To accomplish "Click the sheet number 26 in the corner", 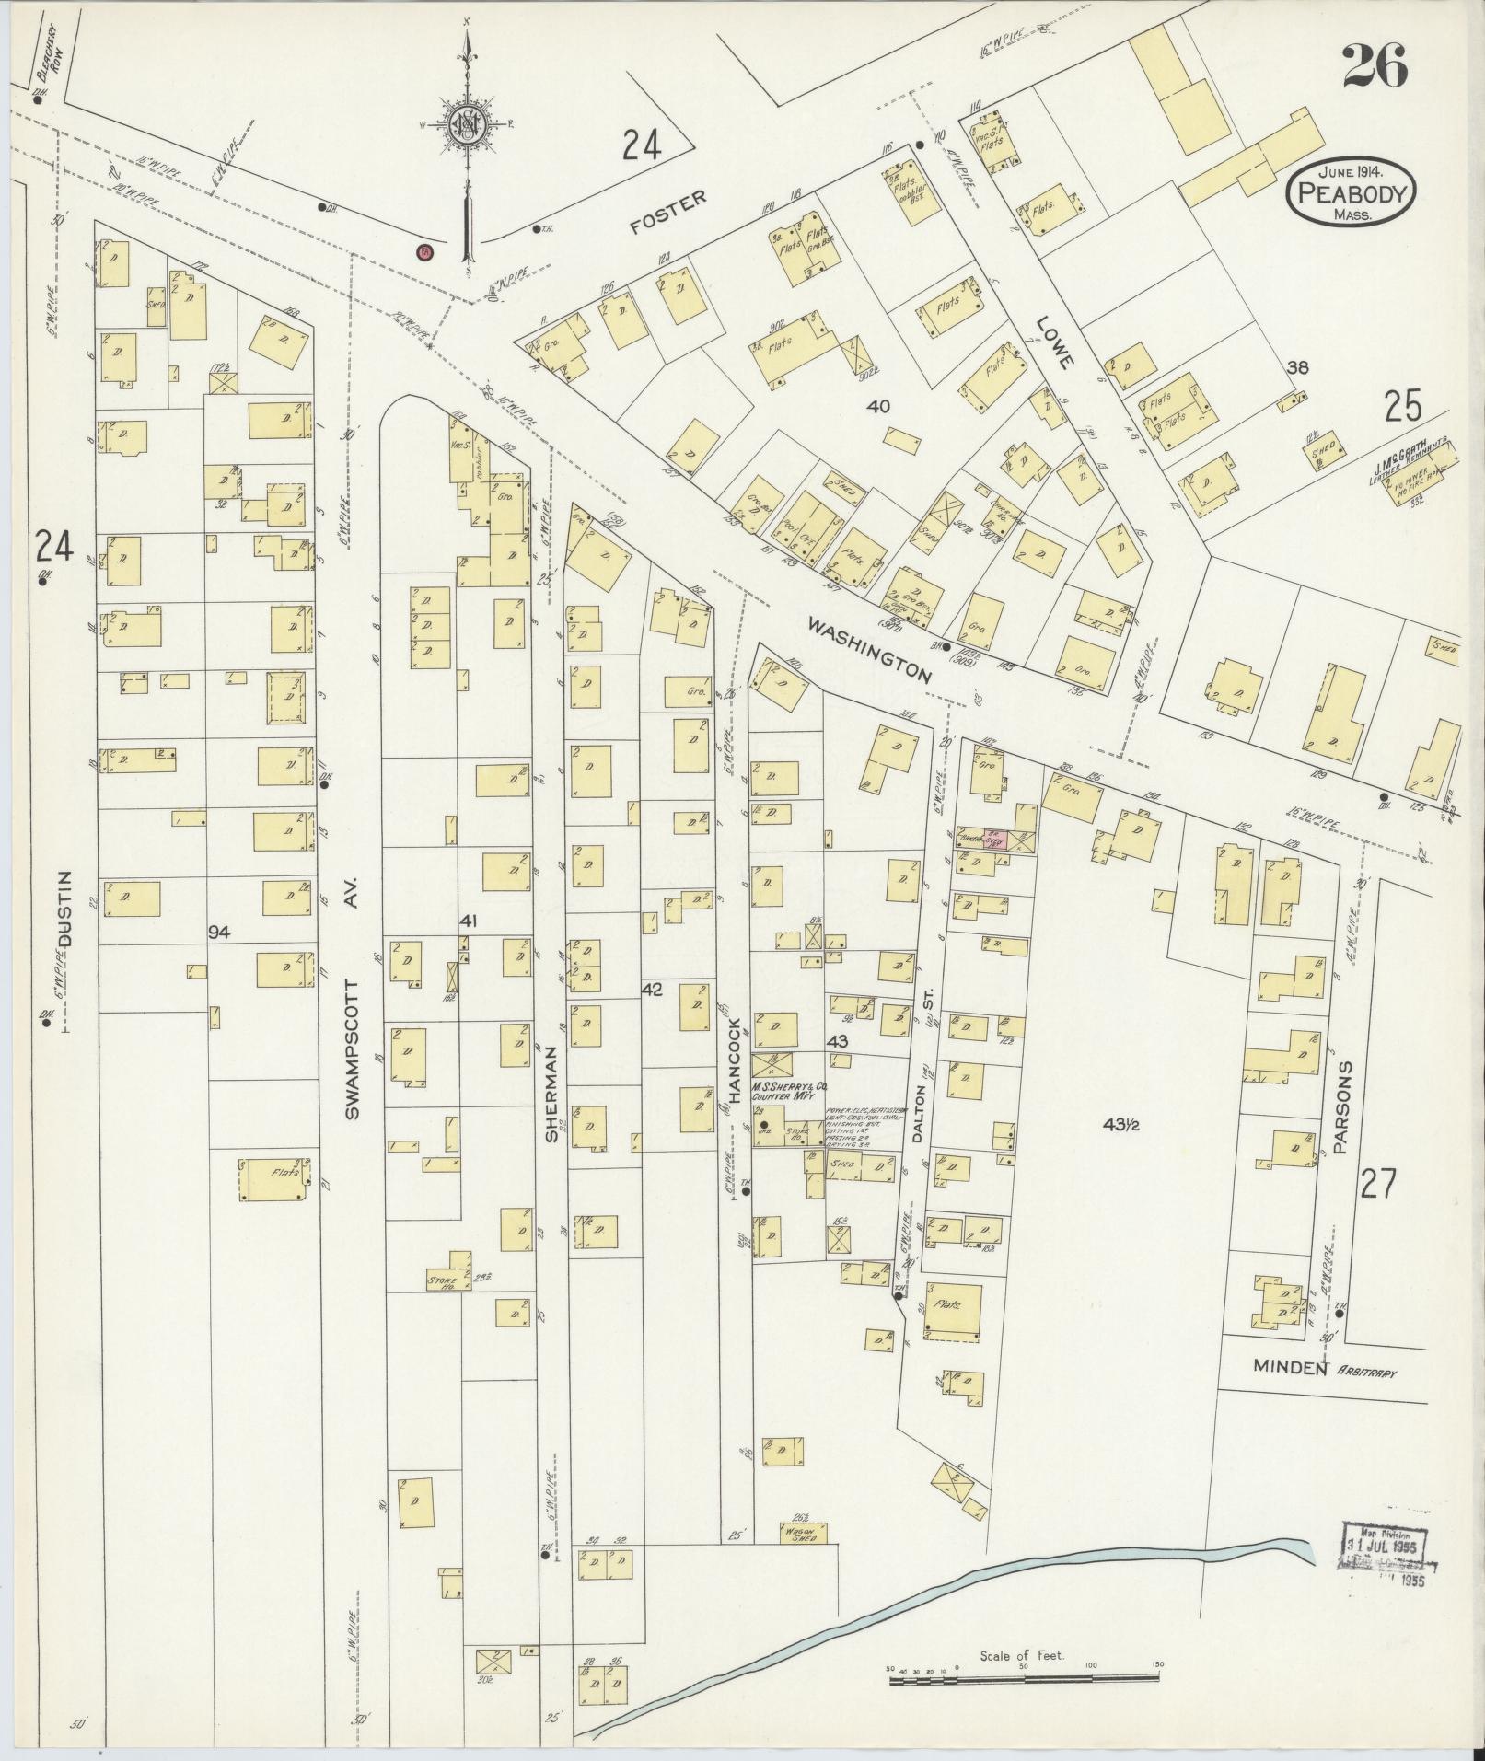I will click(x=1374, y=66).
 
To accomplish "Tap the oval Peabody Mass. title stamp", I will click(x=1352, y=191).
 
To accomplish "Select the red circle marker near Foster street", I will click(x=424, y=250).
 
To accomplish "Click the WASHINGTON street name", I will click(x=870, y=650).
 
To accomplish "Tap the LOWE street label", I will click(x=1054, y=342).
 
